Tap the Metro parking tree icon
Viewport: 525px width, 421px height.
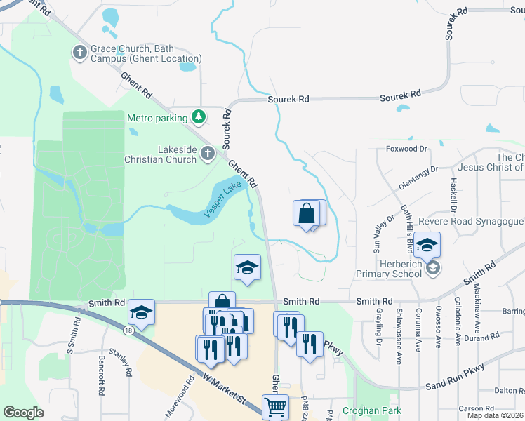[199, 117]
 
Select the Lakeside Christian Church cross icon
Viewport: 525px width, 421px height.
[207, 153]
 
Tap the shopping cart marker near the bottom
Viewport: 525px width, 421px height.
[275, 406]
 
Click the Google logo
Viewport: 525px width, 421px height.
[23, 413]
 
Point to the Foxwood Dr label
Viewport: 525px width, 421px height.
[406, 149]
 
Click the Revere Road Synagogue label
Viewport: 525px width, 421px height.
[470, 222]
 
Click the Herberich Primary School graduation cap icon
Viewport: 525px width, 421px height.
[433, 267]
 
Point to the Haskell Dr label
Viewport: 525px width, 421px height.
[453, 196]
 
